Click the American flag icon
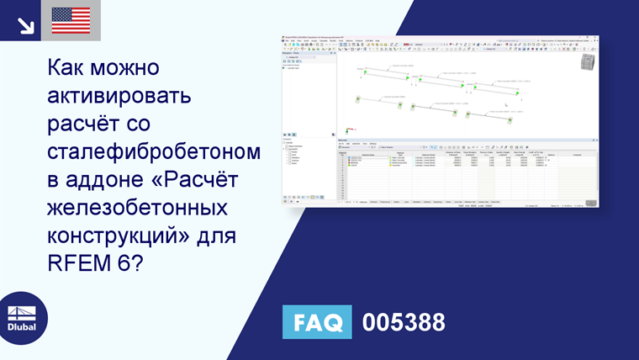(71, 20)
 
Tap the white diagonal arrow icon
(25, 24)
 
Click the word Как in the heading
(69, 68)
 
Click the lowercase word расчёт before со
(82, 124)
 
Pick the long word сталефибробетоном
(154, 152)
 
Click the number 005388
(404, 323)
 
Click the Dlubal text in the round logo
(23, 327)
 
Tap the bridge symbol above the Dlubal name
(23, 308)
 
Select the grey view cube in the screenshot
(587, 66)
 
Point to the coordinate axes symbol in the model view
(346, 130)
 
